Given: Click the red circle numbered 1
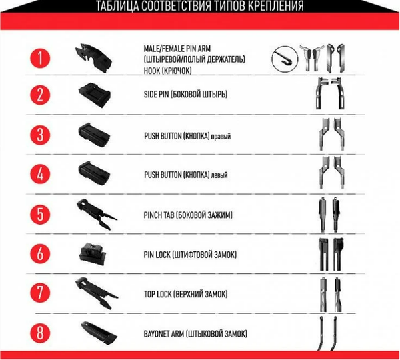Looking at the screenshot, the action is coord(40,58).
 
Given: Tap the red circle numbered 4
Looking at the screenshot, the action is coord(40,174).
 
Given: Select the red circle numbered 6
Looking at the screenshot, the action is coord(40,253).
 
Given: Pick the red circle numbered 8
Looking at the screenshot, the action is coord(40,333).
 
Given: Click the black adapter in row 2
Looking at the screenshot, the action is coord(95,95).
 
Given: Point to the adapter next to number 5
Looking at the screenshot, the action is coord(97,214).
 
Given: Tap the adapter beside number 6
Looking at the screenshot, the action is coord(93,253).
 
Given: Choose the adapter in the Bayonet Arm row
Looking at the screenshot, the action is coord(99,333).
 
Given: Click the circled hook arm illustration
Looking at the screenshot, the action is coord(285,59).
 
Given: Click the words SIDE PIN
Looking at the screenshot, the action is coord(156,95).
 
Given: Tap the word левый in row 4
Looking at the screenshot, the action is coord(219,175).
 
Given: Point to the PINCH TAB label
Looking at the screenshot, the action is coord(159,215).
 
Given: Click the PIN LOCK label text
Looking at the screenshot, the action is coord(157,255).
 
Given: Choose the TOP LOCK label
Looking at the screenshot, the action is coord(158,294).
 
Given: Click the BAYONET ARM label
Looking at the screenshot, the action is coord(164,334).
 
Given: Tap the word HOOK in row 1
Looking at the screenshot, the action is coord(152,71).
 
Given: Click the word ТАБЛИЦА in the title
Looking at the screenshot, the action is coord(117,6).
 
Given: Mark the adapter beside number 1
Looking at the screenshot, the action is coord(93,57).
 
